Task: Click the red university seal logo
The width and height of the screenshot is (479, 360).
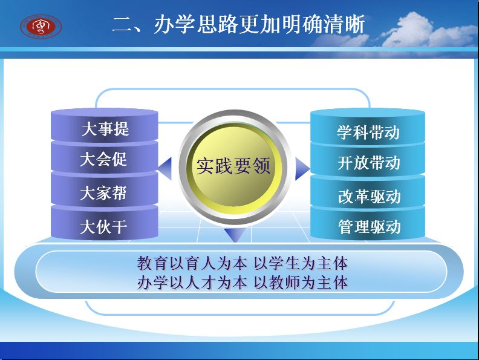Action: point(41,26)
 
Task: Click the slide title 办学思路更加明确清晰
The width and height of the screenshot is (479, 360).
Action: point(259,24)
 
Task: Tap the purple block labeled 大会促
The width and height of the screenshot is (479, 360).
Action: point(105,159)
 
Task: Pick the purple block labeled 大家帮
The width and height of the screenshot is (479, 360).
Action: point(105,191)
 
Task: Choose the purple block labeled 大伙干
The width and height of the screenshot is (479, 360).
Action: point(105,224)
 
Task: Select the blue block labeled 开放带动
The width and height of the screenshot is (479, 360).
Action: point(368,160)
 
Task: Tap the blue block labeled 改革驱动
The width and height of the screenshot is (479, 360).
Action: point(368,192)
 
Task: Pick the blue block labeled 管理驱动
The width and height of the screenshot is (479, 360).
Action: point(368,224)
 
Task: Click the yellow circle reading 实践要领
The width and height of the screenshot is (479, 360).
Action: point(233,166)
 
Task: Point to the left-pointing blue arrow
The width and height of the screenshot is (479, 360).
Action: point(165,168)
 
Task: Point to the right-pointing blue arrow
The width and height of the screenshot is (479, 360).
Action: point(302,168)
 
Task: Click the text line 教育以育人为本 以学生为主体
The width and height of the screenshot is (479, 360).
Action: point(243,263)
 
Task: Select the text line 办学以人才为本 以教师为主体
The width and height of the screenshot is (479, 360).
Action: point(243,283)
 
